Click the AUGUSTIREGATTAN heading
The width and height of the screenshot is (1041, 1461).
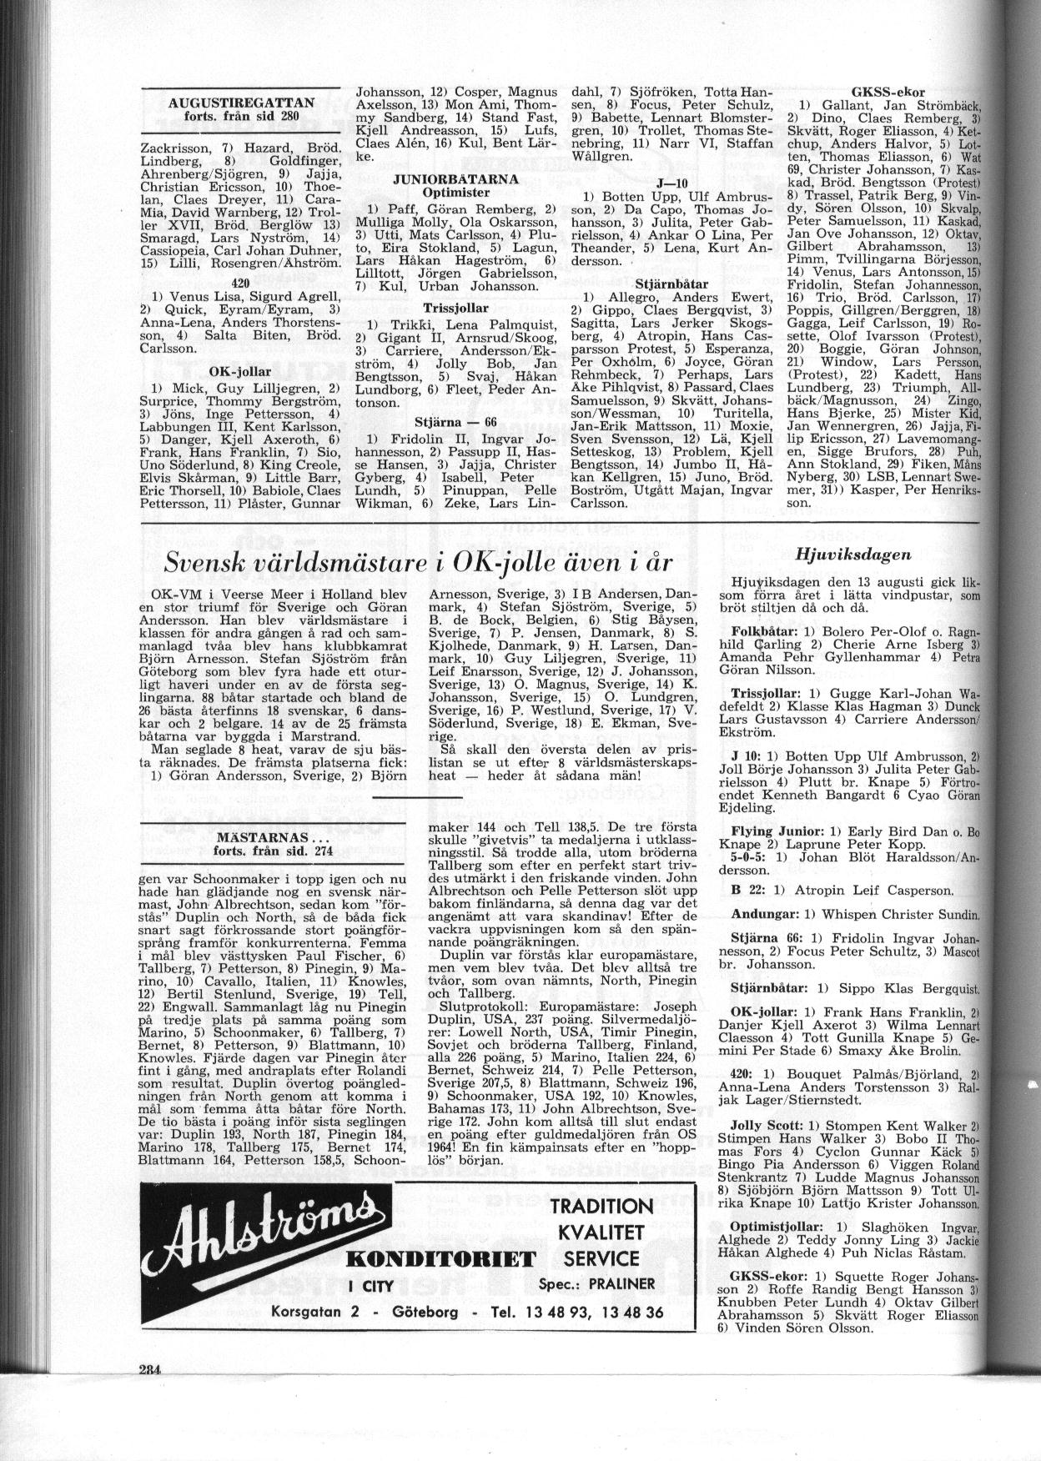pos(241,103)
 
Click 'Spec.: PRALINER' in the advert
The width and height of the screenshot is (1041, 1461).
pos(597,1283)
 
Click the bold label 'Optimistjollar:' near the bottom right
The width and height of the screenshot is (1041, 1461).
pos(776,1227)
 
